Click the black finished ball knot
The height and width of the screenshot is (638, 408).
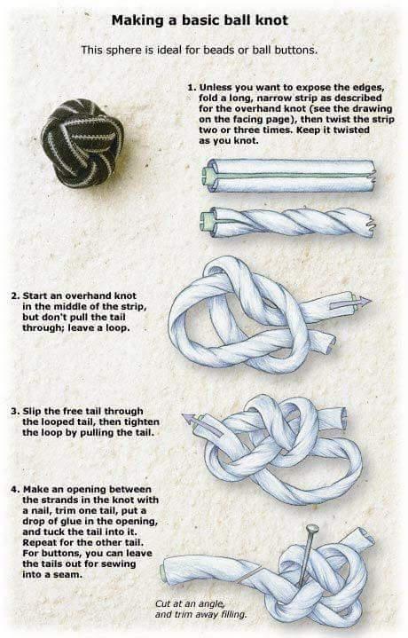point(81,143)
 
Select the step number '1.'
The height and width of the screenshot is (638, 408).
point(191,87)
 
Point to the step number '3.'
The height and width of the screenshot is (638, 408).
point(15,412)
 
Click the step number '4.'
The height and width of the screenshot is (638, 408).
point(15,490)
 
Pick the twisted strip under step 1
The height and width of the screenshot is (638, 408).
point(288,221)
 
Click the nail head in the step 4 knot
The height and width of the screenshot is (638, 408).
point(312,531)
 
